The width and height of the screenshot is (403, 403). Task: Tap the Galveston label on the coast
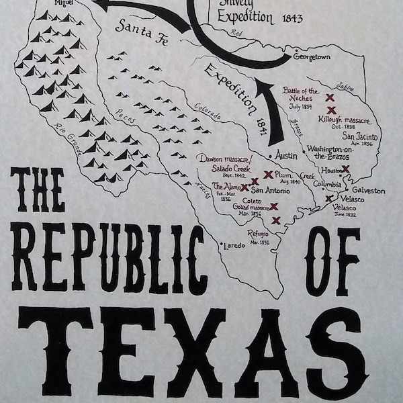click(367, 190)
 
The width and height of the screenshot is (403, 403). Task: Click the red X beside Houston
click(345, 169)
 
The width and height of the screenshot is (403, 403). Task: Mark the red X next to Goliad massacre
click(274, 207)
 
